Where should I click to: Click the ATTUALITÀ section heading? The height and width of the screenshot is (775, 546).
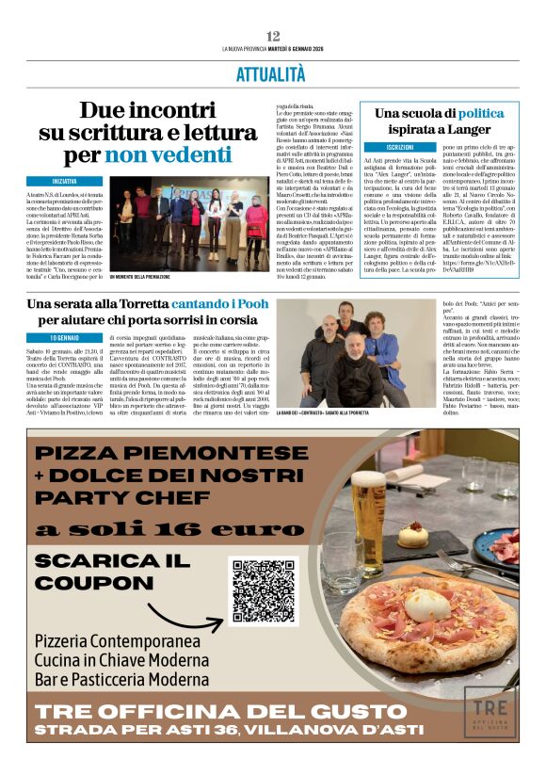pos(273,73)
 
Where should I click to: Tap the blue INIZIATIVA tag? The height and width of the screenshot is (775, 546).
pos(65,180)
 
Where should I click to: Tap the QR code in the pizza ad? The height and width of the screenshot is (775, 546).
pos(264,592)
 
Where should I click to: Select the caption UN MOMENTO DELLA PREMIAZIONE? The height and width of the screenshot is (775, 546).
pos(140,277)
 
